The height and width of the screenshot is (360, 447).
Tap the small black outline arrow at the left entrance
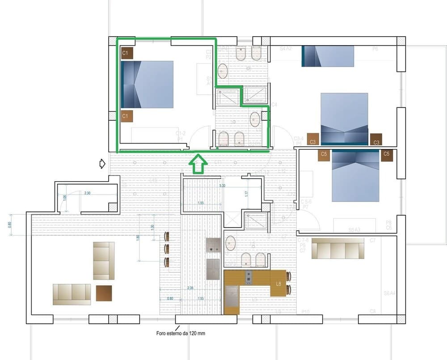coord(102,164)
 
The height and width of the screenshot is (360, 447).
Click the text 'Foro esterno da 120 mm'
coord(181,333)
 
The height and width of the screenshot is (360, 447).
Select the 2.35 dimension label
coord(190,288)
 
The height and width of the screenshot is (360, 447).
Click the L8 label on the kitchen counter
coord(278,284)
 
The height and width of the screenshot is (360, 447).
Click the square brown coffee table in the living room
coord(104,293)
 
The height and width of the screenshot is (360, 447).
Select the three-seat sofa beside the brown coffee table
coord(72,294)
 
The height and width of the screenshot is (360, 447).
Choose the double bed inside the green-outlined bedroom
coord(147,85)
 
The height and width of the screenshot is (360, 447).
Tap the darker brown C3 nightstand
coord(376,140)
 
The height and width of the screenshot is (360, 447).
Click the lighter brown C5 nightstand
coord(325,156)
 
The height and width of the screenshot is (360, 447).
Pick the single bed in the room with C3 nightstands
coord(328,56)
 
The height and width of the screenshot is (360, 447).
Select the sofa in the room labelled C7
coord(337,248)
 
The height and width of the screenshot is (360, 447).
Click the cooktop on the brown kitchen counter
coord(249,278)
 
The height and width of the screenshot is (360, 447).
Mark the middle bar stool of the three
coord(166,249)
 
